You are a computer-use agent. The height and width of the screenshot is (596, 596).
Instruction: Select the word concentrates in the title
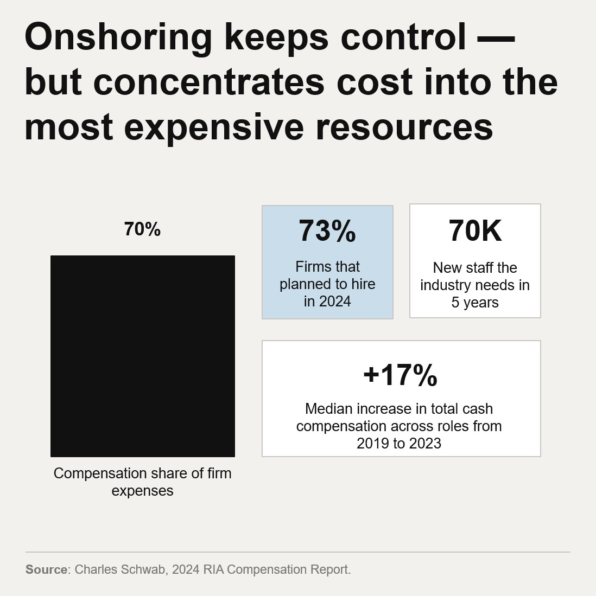pyautogui.click(x=209, y=82)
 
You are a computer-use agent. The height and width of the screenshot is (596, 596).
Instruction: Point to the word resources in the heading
pyautogui.click(x=404, y=127)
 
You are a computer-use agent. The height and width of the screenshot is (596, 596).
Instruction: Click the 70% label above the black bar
pyautogui.click(x=142, y=229)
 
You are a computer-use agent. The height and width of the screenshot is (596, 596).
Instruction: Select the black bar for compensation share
pyautogui.click(x=143, y=356)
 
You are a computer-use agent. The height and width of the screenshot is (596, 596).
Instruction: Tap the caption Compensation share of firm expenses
pyautogui.click(x=142, y=482)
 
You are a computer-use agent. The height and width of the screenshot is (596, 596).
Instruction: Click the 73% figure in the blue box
pyautogui.click(x=327, y=231)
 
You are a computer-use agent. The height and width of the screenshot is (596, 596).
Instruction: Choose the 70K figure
pyautogui.click(x=475, y=231)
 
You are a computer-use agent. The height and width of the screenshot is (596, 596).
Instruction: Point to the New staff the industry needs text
pyautogui.click(x=475, y=285)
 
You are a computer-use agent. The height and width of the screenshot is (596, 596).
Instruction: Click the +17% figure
pyautogui.click(x=400, y=375)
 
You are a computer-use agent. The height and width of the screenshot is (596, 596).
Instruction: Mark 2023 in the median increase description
pyautogui.click(x=425, y=444)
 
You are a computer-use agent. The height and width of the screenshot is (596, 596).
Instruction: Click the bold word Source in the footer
pyautogui.click(x=47, y=569)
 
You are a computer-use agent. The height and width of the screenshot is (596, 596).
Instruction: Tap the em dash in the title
pyautogui.click(x=494, y=38)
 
